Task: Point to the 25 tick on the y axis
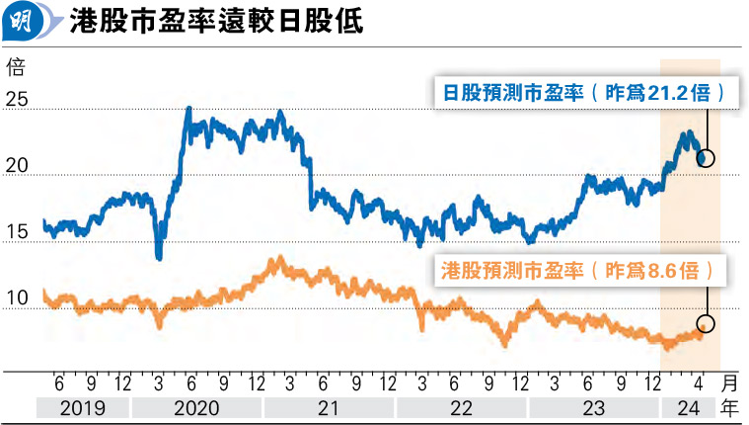16,101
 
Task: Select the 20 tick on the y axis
16,168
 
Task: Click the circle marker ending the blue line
706,158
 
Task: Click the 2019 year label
82,406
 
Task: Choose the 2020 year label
196,406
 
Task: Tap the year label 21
329,406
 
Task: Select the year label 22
461,406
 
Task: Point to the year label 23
593,406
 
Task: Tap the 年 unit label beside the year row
731,406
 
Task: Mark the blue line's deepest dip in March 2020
159,258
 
